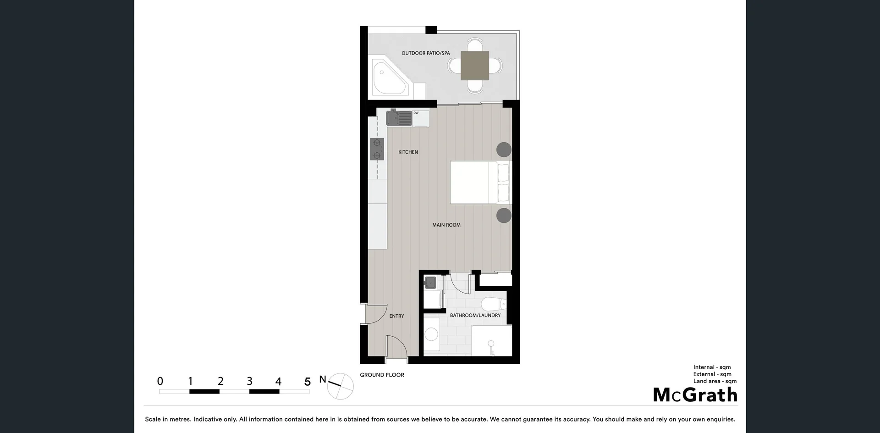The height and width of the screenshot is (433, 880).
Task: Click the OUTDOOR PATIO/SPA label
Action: [425, 53]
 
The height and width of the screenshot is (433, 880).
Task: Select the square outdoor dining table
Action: [474, 66]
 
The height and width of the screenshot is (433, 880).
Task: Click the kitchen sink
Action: [399, 118]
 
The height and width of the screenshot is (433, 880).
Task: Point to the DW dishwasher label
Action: [416, 113]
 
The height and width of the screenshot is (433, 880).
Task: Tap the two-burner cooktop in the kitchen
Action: [377, 149]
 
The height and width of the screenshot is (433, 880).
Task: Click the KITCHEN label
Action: [408, 152]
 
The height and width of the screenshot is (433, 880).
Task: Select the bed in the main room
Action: [480, 182]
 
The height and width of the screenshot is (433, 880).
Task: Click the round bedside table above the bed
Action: [504, 150]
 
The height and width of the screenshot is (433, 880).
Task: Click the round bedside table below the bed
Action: [504, 215]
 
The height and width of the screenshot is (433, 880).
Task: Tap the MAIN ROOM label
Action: [446, 225]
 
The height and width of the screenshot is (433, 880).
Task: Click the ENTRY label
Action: [396, 316]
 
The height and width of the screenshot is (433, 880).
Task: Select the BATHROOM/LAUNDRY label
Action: [475, 316]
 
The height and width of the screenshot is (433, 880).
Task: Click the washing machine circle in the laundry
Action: [431, 334]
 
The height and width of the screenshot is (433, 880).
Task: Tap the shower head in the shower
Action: [491, 344]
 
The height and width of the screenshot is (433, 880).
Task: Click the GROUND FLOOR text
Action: [382, 375]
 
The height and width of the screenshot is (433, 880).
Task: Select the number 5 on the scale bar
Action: [307, 381]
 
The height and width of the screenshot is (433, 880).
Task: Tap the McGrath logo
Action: [695, 395]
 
